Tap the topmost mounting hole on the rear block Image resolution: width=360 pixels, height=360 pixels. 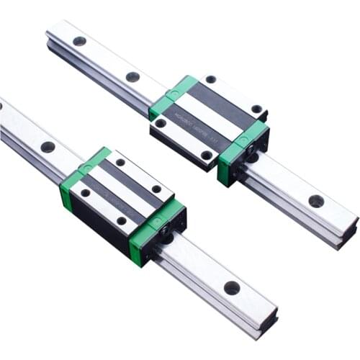[210, 79]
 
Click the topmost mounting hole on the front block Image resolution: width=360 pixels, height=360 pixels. [120, 162]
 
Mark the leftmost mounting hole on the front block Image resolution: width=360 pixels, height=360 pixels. [85, 192]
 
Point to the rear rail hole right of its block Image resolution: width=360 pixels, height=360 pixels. [315, 201]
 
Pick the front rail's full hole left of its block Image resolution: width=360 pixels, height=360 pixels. [48, 147]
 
